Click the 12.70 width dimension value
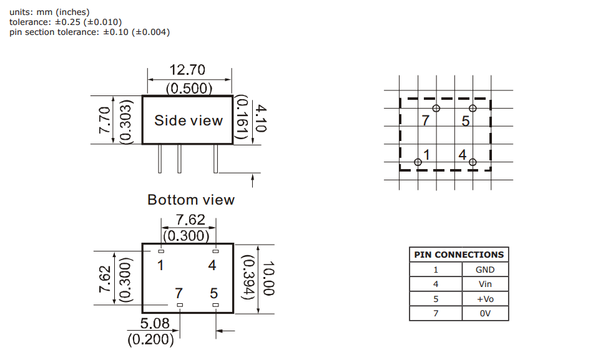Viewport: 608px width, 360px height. (x=187, y=69)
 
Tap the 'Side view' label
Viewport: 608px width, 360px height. (x=189, y=120)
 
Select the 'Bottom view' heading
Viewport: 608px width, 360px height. (x=191, y=200)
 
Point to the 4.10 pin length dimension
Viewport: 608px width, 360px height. (x=260, y=118)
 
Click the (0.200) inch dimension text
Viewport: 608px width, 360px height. (x=150, y=340)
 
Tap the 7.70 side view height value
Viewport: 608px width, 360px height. (x=104, y=120)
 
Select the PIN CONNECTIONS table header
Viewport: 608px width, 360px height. (x=459, y=255)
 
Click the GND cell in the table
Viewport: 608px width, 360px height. (x=484, y=270)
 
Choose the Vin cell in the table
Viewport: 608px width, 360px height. (x=484, y=284)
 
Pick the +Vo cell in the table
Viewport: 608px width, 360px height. (x=484, y=299)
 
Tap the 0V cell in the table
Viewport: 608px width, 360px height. (x=484, y=313)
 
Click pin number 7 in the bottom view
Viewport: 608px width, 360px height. (x=179, y=293)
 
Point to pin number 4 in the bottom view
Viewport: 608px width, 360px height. (x=212, y=265)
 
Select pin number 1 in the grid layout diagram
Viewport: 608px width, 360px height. (x=426, y=153)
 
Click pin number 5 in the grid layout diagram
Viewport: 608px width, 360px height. (x=465, y=121)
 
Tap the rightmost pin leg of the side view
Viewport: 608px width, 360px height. (x=216, y=158)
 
